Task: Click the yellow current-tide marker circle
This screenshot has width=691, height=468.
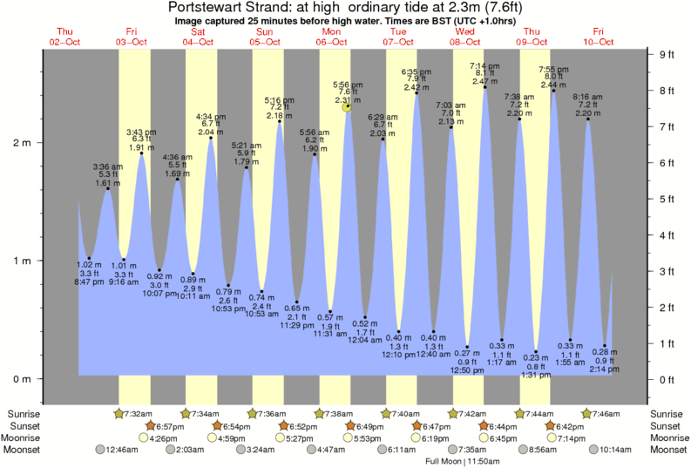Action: pyautogui.click(x=347, y=106)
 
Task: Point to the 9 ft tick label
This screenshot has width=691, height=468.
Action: pyautogui.click(x=667, y=54)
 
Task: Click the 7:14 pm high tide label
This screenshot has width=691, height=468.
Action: pyautogui.click(x=484, y=65)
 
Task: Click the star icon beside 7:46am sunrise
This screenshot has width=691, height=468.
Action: pyautogui.click(x=587, y=412)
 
